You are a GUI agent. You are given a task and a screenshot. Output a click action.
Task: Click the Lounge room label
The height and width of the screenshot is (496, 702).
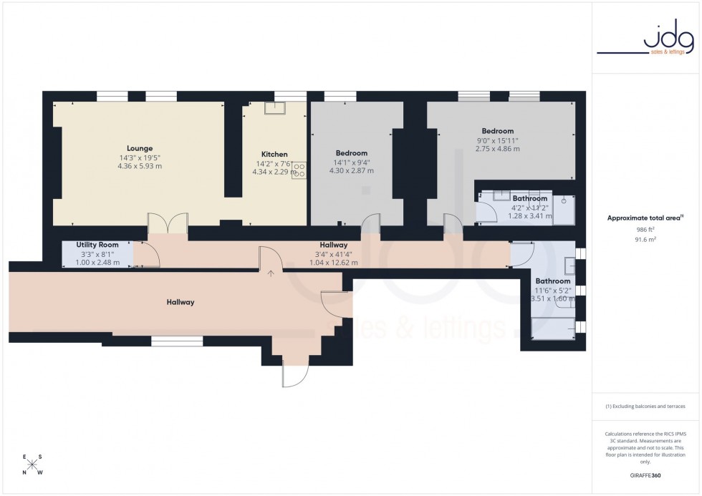[x=140, y=149]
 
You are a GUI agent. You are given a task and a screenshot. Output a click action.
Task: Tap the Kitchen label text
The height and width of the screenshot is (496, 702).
[x=274, y=154]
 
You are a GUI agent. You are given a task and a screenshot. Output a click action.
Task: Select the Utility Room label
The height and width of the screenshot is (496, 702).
[x=97, y=245]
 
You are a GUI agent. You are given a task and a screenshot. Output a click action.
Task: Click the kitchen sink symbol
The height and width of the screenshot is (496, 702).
[x=274, y=108]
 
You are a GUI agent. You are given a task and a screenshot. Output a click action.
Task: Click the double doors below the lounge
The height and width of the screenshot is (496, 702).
[x=168, y=223]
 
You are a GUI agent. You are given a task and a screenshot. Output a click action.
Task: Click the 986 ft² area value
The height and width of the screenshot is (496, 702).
[x=646, y=230]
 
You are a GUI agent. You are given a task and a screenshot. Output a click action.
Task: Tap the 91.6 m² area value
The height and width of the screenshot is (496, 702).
[x=646, y=240]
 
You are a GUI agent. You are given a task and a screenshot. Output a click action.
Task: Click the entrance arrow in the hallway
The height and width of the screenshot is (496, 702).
[x=271, y=273]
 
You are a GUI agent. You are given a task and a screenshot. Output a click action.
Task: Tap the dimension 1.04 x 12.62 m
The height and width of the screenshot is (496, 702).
[x=333, y=263]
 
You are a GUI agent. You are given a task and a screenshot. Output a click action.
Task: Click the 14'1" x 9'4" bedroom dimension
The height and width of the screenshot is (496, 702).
[x=352, y=162]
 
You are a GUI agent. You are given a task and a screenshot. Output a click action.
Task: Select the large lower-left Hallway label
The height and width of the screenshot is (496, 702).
[x=180, y=302]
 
